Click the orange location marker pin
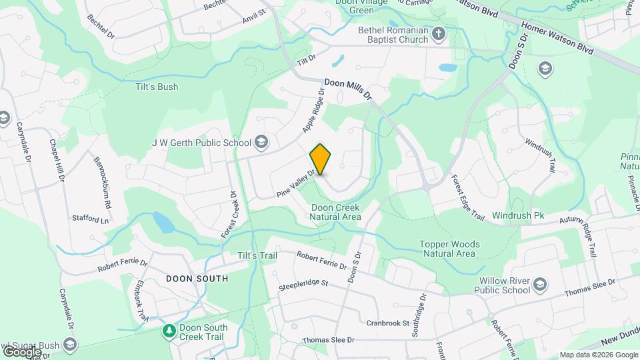click(321, 159)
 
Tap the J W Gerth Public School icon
click(261, 142)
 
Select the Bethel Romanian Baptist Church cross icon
click(438, 33)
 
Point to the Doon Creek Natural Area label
click(336, 212)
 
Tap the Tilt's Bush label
click(154, 87)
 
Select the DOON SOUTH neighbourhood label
click(197, 278)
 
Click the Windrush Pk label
click(518, 216)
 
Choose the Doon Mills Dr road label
click(348, 91)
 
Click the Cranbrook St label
click(387, 323)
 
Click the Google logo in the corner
click(22, 351)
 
